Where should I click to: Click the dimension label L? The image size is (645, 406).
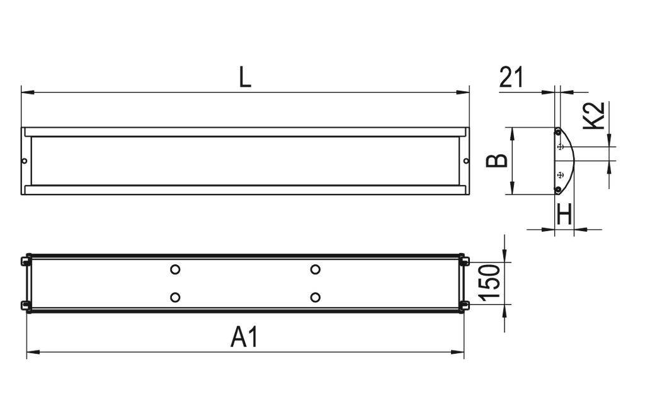point(245,78)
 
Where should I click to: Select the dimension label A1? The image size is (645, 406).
point(244,338)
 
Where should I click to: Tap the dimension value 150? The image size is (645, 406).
point(491,283)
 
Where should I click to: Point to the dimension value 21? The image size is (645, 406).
point(511,77)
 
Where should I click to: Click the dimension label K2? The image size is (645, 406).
point(594,116)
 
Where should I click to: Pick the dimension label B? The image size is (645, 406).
point(498,161)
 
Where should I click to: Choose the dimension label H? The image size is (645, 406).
point(565,215)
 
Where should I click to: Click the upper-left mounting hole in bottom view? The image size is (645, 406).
point(175,269)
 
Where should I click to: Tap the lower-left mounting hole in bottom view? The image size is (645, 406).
point(175,297)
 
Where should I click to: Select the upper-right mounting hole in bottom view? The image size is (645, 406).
point(316,269)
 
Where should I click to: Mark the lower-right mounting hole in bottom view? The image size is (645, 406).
point(316,297)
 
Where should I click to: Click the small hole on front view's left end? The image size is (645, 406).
point(25,161)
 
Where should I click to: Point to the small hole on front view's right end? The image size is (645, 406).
point(466,161)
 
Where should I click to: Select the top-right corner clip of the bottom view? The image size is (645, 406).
point(464,259)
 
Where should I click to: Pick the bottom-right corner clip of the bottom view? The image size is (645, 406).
point(464,306)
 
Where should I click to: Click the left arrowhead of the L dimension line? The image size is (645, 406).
point(25,93)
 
